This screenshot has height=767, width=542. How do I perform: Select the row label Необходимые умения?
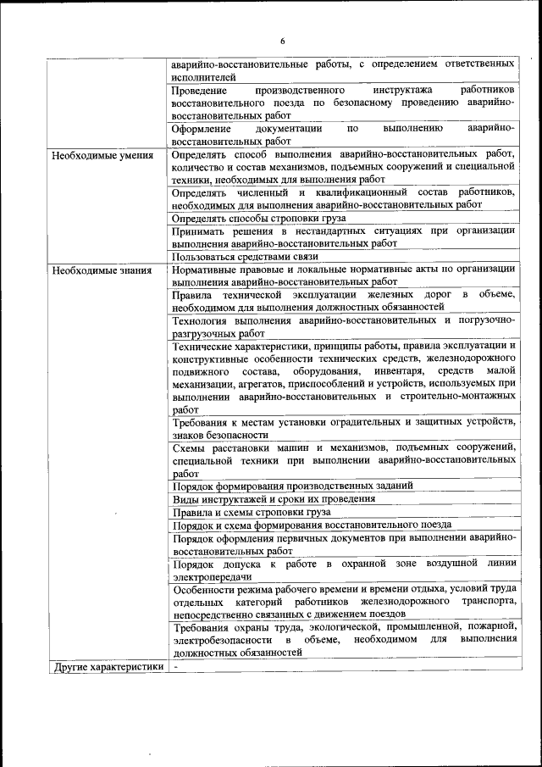102,156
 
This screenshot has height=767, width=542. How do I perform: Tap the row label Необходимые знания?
101,271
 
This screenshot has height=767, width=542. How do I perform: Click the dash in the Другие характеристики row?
175,667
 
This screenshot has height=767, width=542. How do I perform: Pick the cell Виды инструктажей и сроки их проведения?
263,499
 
